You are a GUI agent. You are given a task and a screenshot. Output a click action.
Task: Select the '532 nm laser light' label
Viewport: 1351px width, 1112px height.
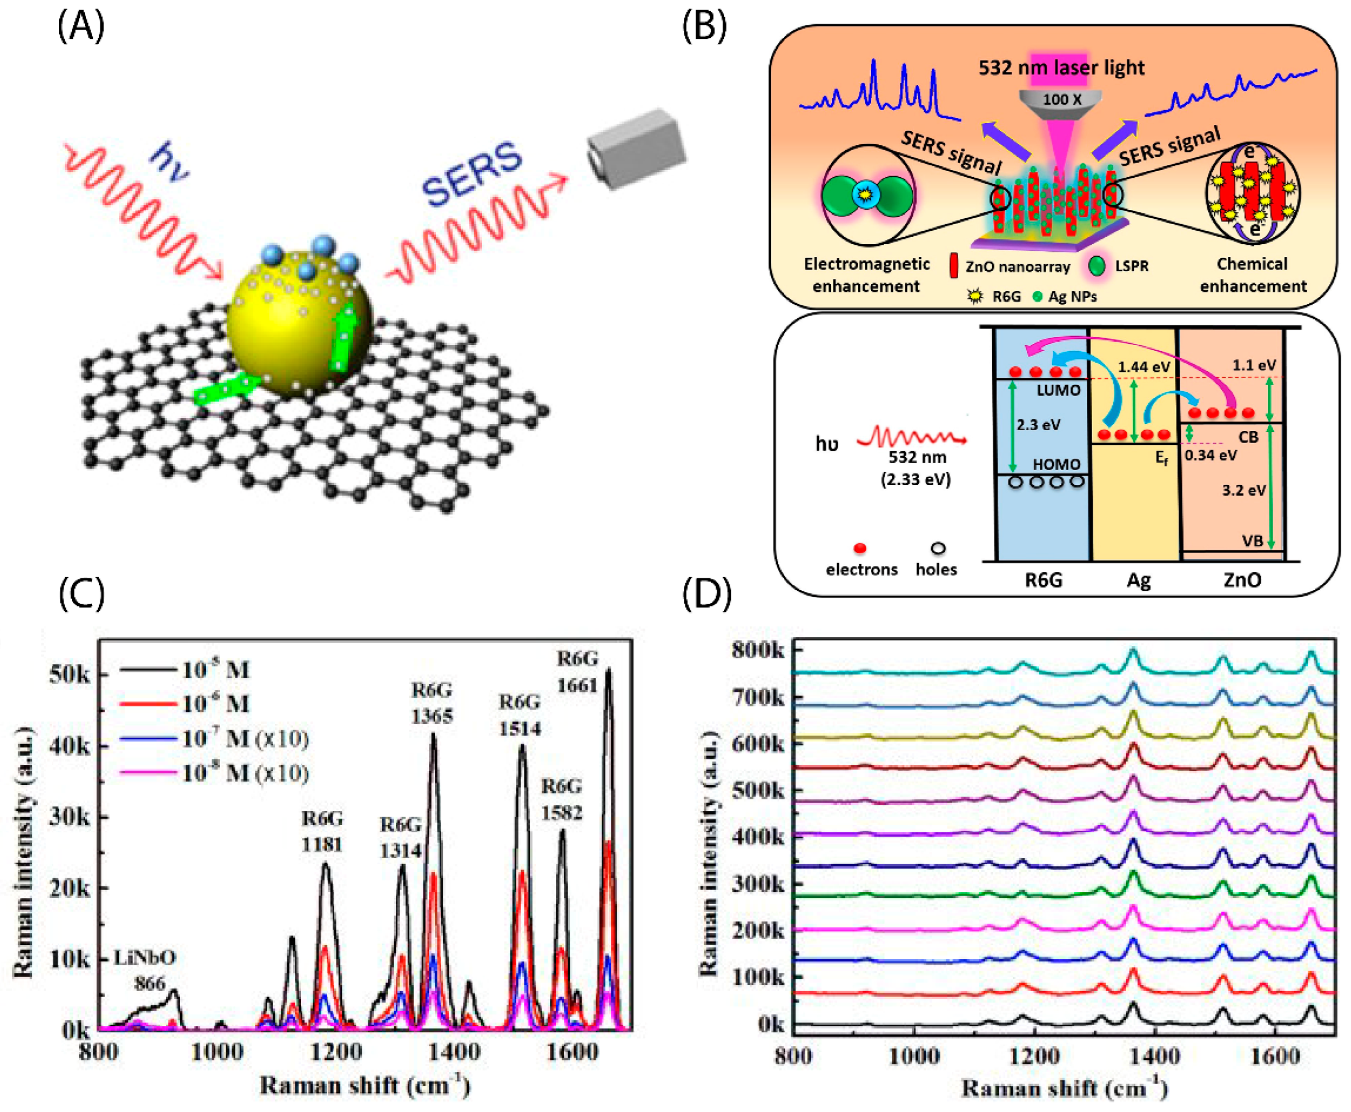[1061, 67]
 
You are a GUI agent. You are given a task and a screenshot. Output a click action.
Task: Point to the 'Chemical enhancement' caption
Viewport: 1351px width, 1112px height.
[1252, 275]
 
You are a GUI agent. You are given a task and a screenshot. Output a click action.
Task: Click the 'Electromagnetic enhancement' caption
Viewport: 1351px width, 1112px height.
[866, 275]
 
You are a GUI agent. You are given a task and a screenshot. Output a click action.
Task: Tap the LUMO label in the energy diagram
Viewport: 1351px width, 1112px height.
[1058, 390]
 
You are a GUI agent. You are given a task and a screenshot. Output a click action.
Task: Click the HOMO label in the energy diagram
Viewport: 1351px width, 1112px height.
[1057, 464]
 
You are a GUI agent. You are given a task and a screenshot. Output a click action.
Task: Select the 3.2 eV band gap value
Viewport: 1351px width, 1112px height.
[1244, 490]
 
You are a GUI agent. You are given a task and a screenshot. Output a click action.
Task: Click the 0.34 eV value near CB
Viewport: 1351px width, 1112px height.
[1210, 455]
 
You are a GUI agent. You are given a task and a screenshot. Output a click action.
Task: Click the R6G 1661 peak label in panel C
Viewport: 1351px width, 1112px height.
[577, 671]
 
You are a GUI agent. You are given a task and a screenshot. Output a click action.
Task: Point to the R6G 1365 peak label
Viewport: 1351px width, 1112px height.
[431, 703]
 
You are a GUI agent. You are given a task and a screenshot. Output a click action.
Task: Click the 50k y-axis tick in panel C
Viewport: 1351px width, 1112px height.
[70, 675]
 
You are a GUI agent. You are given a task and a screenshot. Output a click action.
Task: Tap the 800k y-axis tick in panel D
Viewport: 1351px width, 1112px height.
[757, 650]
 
